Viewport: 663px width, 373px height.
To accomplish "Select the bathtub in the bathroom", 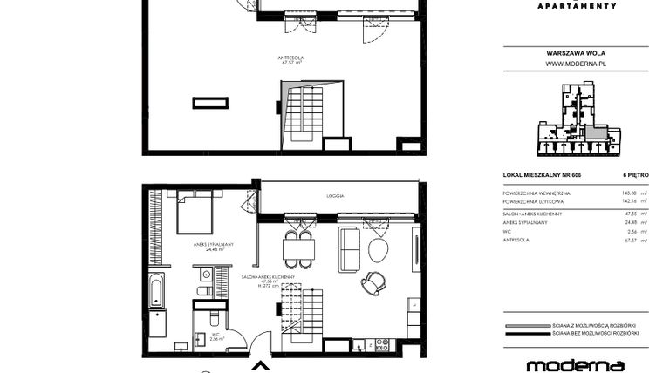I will click(156, 290).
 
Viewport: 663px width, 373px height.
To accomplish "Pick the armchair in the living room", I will click(375, 283).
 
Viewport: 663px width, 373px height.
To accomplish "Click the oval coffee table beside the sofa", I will click(379, 249).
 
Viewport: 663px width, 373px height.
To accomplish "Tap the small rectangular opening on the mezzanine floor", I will click(210, 103).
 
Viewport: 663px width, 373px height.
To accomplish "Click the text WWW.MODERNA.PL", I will click(576, 64).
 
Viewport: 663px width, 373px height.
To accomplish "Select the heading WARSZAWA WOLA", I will click(576, 51).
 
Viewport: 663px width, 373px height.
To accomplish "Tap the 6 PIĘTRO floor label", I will click(633, 176).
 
